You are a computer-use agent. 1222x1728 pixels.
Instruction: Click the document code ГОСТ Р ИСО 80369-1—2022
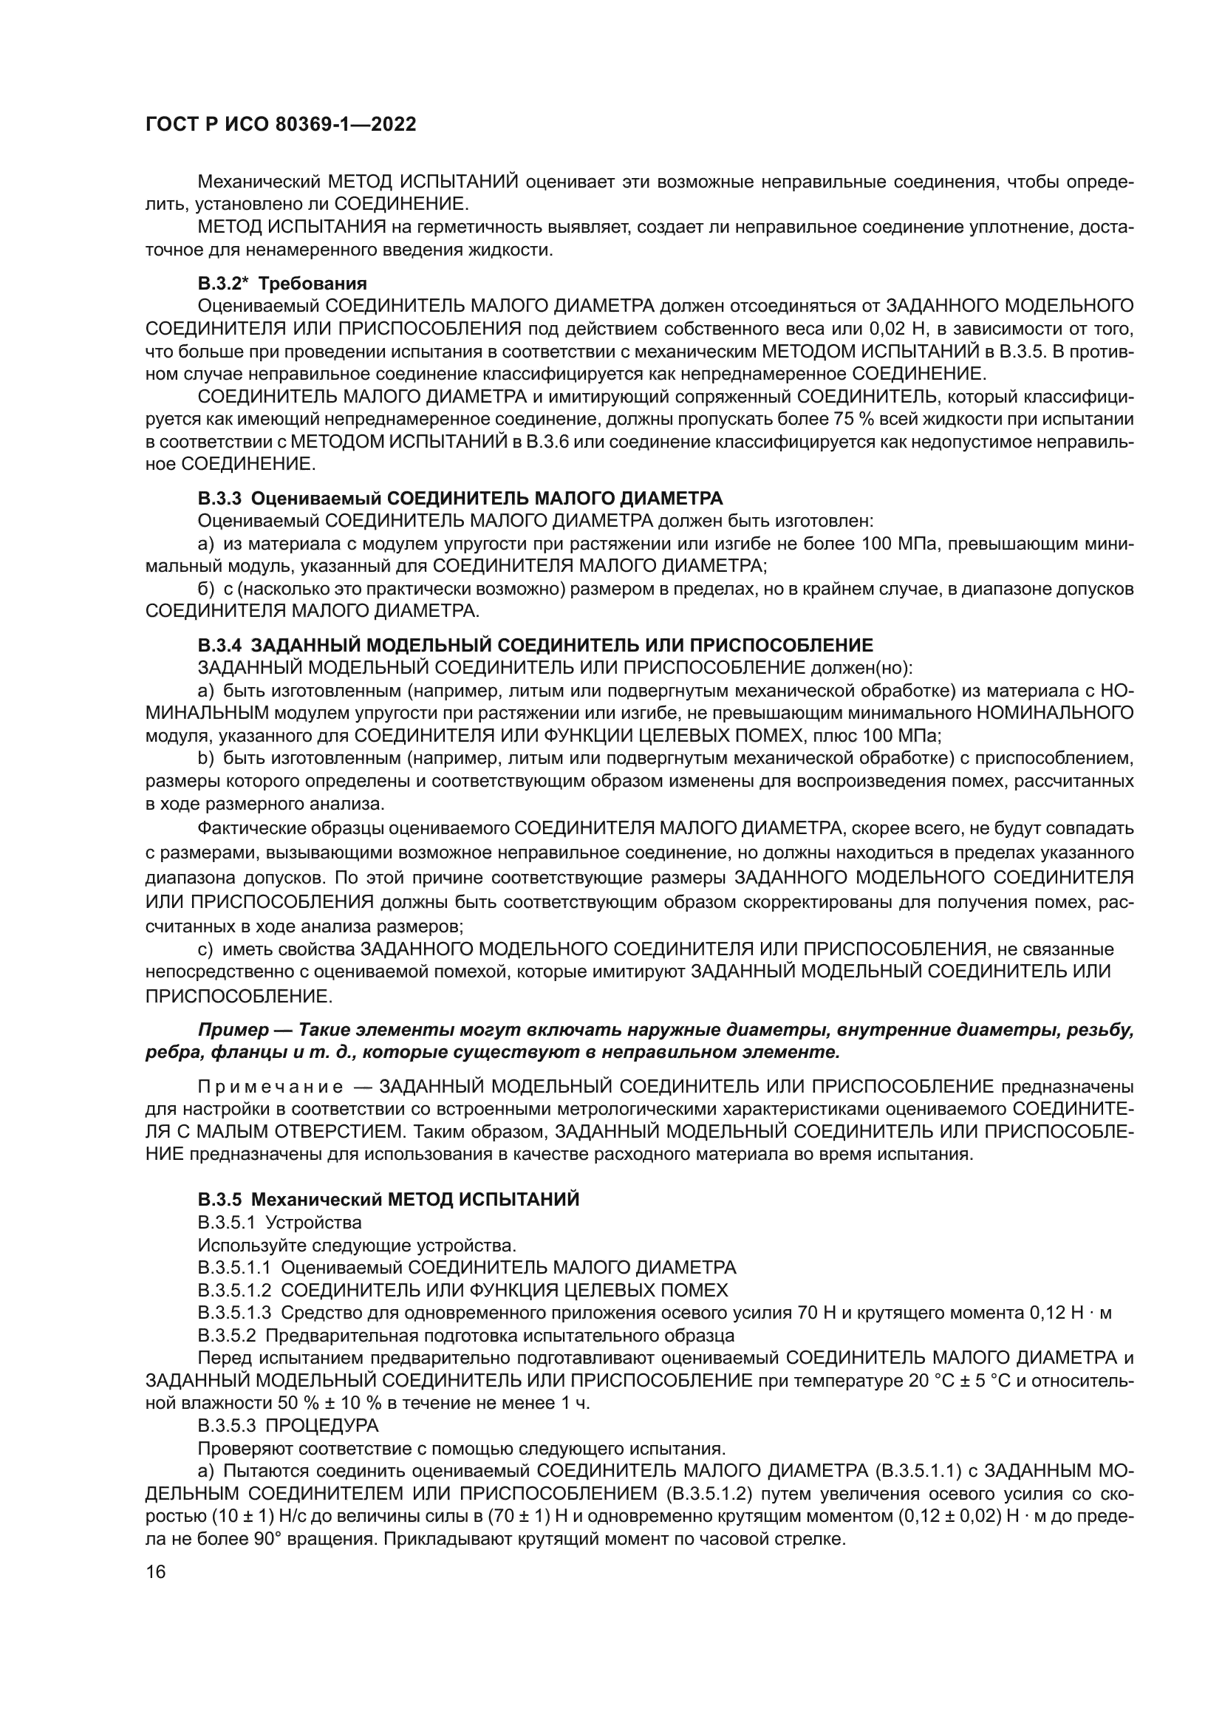tap(280, 125)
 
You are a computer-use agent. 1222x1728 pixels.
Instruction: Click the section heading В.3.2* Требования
tap(282, 284)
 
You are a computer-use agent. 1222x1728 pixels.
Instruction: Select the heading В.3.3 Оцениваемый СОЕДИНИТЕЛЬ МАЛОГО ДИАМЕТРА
tap(460, 498)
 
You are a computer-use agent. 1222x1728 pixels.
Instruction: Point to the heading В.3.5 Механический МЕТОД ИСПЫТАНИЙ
tap(389, 1200)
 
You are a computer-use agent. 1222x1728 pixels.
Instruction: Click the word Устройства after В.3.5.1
tap(313, 1222)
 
